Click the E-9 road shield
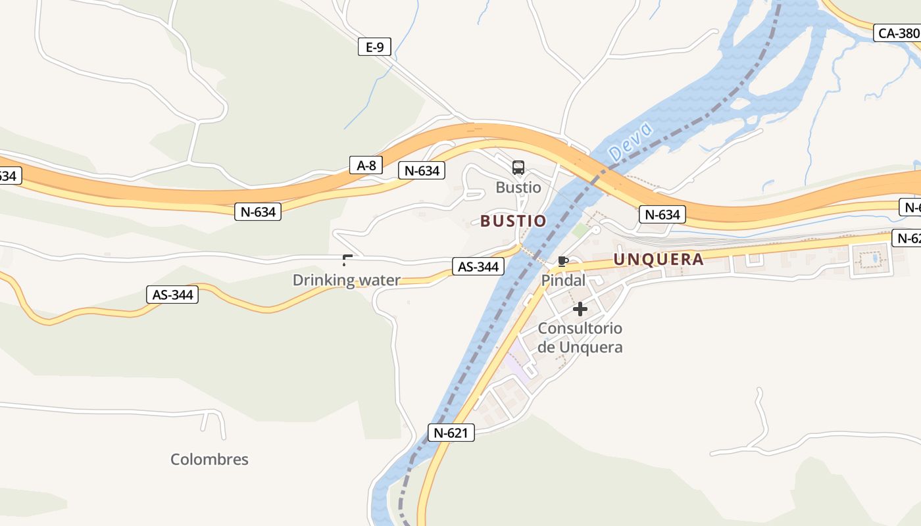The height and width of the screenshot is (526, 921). point(374,47)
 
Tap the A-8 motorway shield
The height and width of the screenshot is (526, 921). point(366,165)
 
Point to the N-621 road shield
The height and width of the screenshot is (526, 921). point(451,433)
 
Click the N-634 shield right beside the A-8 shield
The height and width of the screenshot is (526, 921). point(422,171)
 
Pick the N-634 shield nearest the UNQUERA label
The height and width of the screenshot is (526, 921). point(662,214)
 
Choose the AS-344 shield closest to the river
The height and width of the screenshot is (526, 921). point(478,266)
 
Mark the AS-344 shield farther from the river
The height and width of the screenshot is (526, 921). point(172,295)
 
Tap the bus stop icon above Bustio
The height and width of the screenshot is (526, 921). point(518,167)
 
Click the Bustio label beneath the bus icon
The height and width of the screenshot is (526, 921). point(518,187)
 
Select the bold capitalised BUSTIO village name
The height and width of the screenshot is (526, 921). point(513,221)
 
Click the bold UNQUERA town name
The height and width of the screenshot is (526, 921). point(659,259)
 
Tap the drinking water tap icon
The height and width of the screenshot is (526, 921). point(347,260)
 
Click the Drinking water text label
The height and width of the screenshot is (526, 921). point(346,280)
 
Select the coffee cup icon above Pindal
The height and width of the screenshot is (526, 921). point(563,261)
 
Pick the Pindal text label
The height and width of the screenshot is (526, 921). point(563,280)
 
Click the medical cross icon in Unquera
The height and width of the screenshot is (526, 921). point(580,308)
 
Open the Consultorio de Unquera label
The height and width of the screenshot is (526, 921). point(580,337)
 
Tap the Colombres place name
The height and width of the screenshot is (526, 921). point(209,459)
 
